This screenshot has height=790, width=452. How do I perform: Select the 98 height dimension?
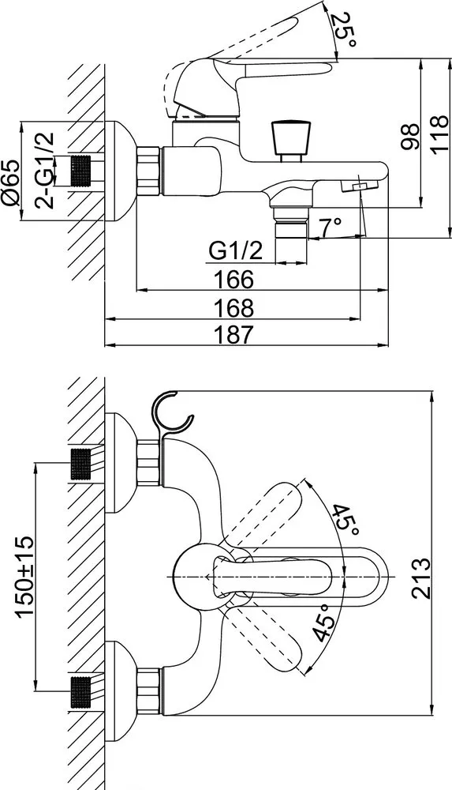(x=409, y=137)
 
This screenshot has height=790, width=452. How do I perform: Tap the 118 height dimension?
(x=439, y=134)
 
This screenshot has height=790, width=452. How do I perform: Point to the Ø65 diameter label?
(x=12, y=183)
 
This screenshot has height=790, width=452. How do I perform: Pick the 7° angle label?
(x=331, y=227)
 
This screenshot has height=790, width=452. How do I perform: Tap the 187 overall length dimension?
(x=233, y=335)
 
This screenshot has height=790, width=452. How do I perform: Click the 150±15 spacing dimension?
(x=24, y=576)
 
